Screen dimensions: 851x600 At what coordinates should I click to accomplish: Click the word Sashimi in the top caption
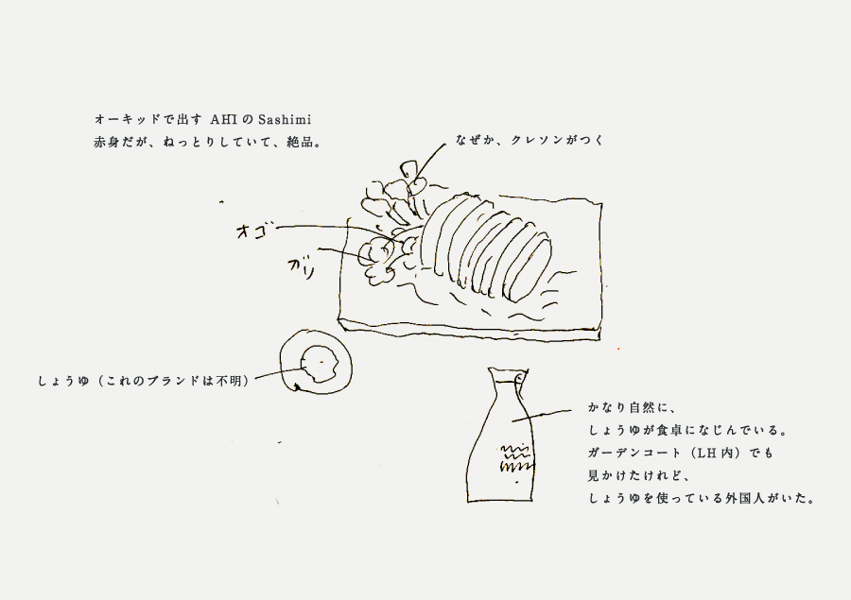pyautogui.click(x=285, y=119)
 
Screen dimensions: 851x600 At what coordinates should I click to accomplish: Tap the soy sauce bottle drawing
pyautogui.click(x=500, y=435)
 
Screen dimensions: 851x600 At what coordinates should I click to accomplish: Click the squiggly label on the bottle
pyautogui.click(x=515, y=459)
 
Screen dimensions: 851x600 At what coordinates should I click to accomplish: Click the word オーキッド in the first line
pyautogui.click(x=127, y=119)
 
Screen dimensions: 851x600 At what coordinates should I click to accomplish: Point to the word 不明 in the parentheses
pyautogui.click(x=228, y=381)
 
